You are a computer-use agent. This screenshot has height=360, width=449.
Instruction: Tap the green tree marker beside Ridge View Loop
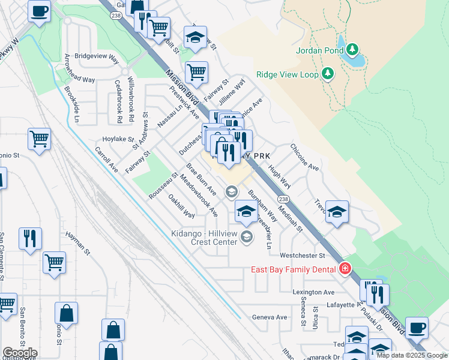(x=327, y=74)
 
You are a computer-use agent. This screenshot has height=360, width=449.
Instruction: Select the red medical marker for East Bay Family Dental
(x=345, y=268)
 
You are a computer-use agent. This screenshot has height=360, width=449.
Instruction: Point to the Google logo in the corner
(x=19, y=352)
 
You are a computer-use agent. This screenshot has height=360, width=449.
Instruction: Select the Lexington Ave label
(x=313, y=292)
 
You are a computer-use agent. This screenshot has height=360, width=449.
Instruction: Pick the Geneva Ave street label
(x=270, y=317)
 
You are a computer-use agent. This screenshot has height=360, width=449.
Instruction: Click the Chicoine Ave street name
(x=304, y=157)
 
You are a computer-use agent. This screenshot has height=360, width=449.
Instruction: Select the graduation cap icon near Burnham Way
(x=245, y=211)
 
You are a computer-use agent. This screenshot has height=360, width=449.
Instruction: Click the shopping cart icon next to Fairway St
(x=196, y=73)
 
